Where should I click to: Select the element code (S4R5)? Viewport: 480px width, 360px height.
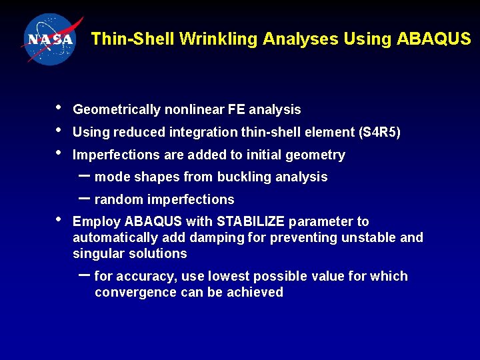(x=379, y=133)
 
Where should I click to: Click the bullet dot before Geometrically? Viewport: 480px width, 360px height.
(x=59, y=107)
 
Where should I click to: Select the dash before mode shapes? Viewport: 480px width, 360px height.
(x=85, y=175)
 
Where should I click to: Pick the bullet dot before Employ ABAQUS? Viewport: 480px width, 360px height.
(x=59, y=219)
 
